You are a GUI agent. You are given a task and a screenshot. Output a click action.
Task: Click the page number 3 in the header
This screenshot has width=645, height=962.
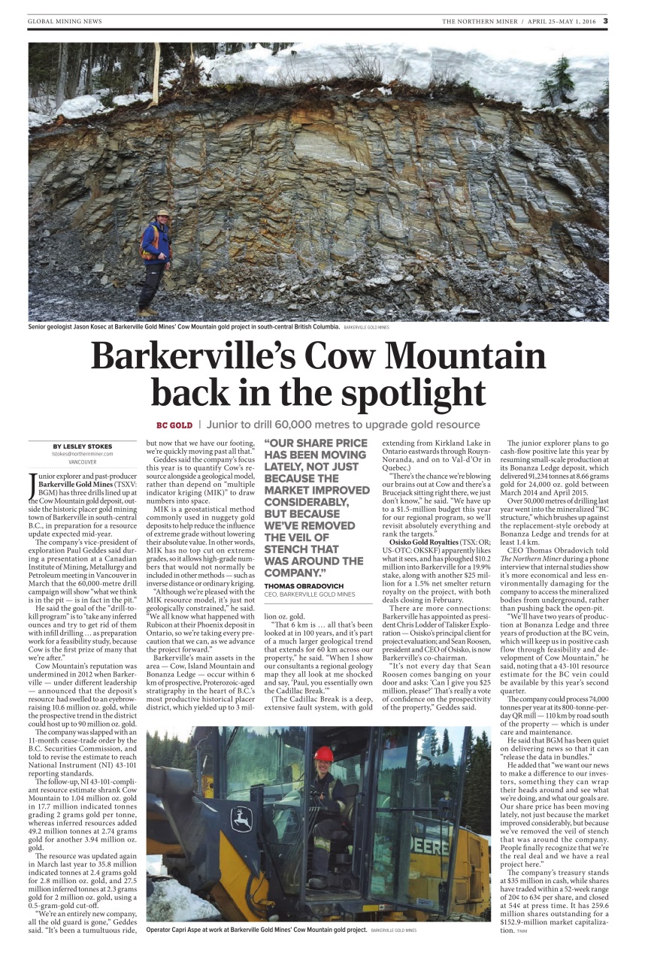click(605, 21)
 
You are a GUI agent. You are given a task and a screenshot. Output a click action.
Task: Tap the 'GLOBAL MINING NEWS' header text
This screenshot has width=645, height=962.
click(65, 21)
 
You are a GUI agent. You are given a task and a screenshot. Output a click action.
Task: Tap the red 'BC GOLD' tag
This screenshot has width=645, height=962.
click(174, 425)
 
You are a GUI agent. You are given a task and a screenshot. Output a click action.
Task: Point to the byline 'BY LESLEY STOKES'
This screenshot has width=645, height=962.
click(83, 446)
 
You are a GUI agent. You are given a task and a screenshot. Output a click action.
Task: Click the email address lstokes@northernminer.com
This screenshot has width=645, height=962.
click(83, 454)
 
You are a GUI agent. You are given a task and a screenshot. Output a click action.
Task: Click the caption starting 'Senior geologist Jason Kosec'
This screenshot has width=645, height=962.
click(183, 328)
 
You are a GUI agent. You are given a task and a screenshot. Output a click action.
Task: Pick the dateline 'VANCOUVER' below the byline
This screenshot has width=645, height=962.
click(83, 462)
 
